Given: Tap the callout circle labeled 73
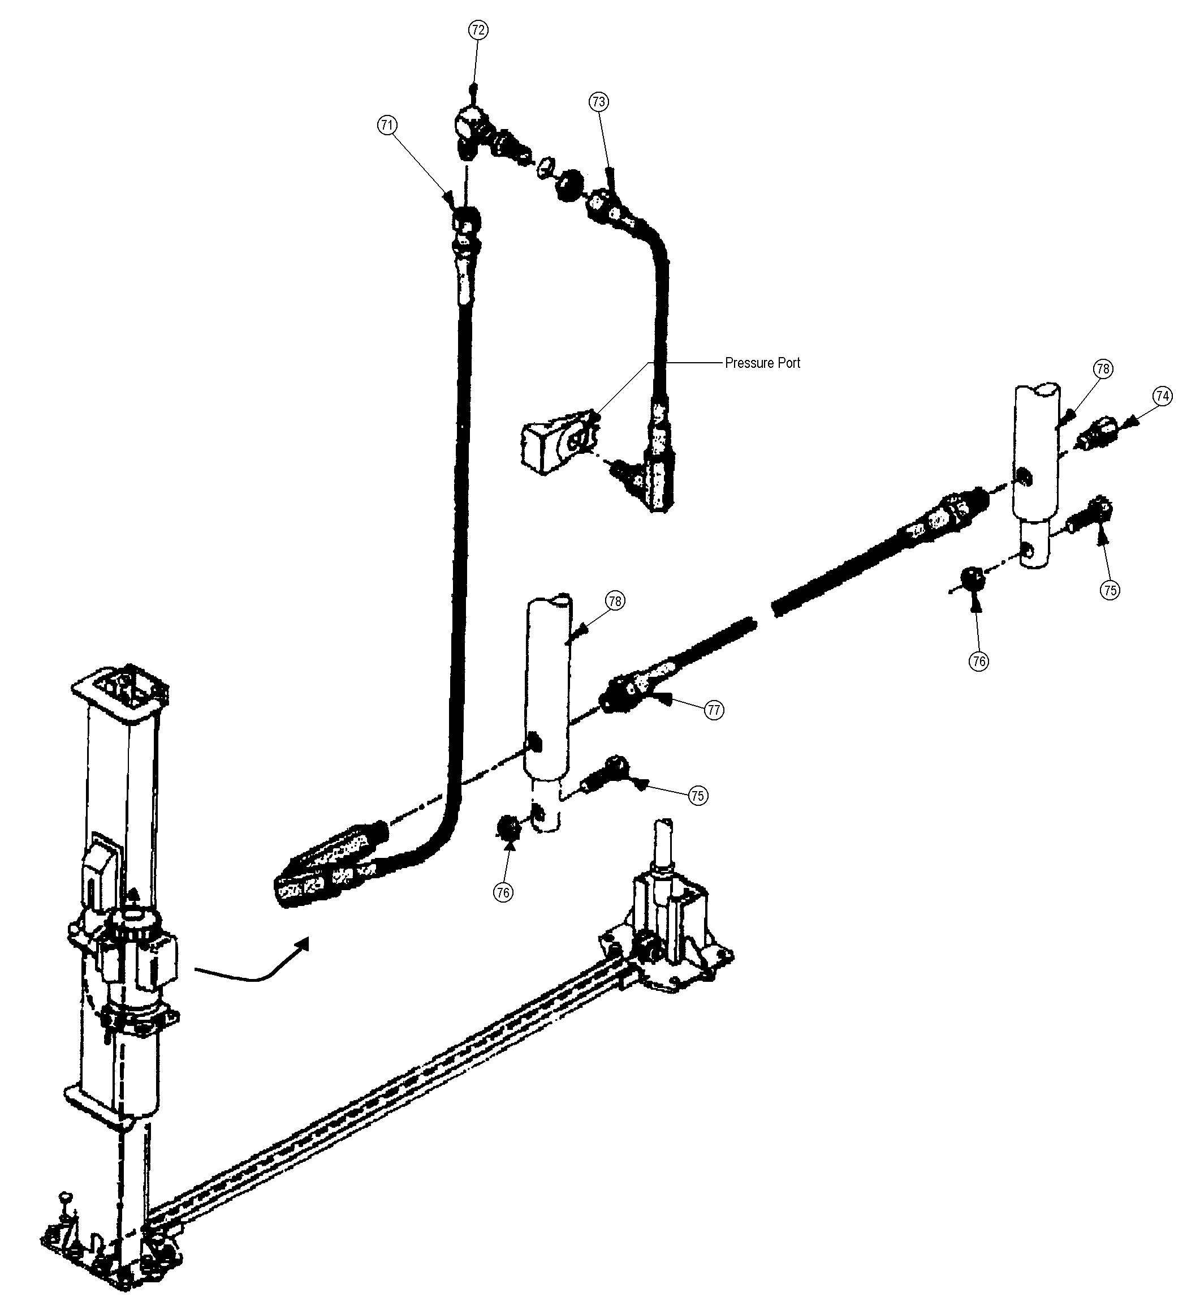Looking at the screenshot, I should (599, 102).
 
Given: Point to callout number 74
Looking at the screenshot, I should (1162, 396).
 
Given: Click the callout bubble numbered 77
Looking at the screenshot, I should (714, 710).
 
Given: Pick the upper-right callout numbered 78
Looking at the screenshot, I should (1102, 369).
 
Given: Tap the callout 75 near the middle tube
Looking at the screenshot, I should (698, 796).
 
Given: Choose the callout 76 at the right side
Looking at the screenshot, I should (978, 661).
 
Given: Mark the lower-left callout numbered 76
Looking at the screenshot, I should (503, 892).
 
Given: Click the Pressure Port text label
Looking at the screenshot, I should (762, 363).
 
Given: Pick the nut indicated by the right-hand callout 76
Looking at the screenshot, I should (973, 577).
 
